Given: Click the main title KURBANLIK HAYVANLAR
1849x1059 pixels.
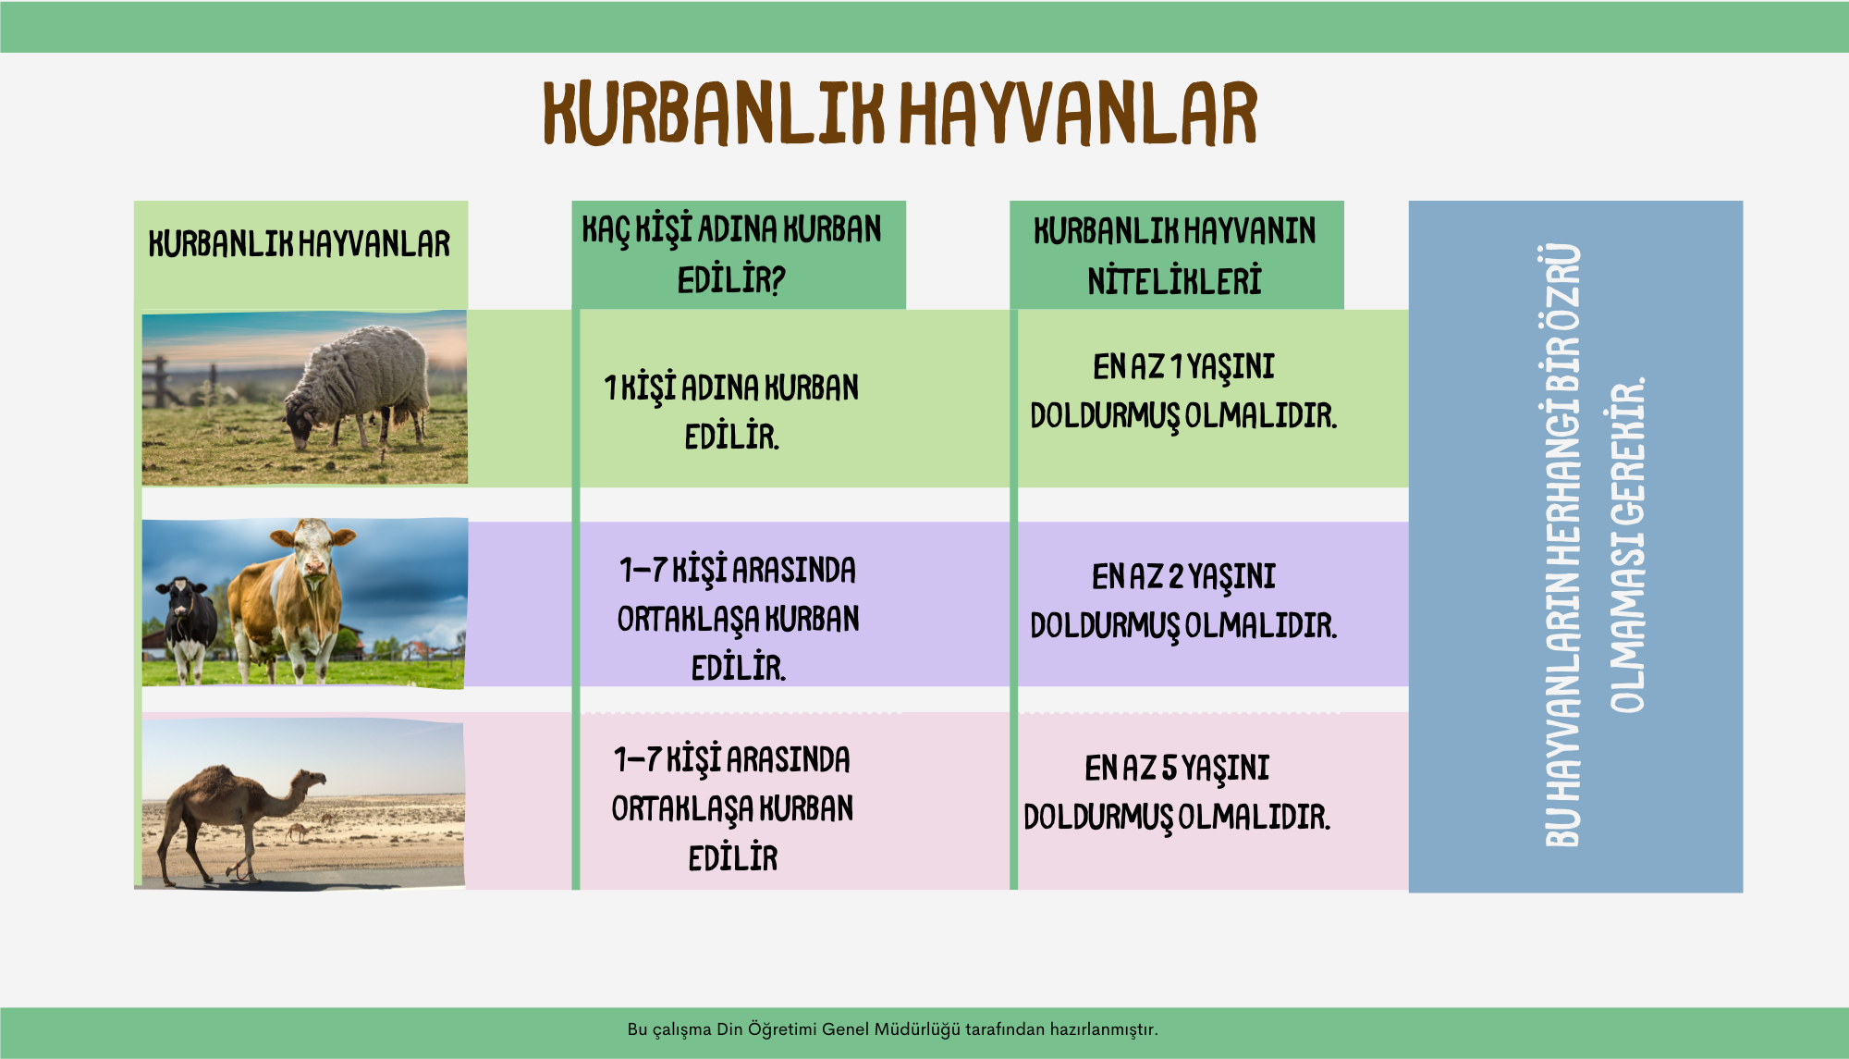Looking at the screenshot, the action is click(x=900, y=113).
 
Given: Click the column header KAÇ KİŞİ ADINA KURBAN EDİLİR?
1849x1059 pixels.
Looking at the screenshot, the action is click(x=731, y=254).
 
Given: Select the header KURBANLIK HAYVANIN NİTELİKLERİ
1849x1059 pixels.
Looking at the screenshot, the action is click(x=1174, y=256).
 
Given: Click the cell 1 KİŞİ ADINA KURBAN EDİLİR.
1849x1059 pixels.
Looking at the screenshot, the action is click(x=731, y=412).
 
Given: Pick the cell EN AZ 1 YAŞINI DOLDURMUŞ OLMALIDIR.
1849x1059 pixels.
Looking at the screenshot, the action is click(x=1183, y=391).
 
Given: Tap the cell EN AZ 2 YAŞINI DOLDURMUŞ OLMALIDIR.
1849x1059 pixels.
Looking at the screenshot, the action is click(x=1183, y=601).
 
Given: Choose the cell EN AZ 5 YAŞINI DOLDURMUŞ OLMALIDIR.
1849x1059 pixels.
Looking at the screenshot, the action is click(x=1177, y=793).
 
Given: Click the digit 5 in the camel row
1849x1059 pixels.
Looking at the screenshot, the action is click(x=1169, y=769).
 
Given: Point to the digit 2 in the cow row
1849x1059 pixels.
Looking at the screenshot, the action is click(x=1176, y=577).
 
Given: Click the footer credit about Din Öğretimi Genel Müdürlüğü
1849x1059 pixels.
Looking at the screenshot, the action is click(x=892, y=1029).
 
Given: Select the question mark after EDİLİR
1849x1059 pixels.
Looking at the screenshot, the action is click(x=778, y=280).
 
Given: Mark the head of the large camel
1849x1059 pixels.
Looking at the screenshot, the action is click(x=310, y=781).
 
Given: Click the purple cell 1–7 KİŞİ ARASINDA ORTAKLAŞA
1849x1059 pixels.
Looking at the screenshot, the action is click(x=738, y=618).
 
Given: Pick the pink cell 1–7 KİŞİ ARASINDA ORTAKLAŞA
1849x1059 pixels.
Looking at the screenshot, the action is click(x=732, y=808).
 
